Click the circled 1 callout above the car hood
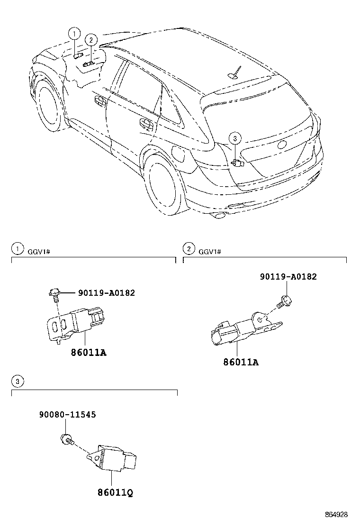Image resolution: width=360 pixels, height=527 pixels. click(x=73, y=33)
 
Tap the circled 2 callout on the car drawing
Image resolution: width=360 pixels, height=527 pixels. click(x=91, y=40)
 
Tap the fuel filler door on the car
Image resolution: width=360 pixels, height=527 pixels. click(x=179, y=154)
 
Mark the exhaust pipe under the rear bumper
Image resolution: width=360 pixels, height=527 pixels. click(x=219, y=216)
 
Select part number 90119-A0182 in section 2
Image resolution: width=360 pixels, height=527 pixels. click(x=288, y=277)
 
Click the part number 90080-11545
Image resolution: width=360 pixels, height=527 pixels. click(x=67, y=414)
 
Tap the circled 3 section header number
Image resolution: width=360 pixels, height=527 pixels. click(x=17, y=381)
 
